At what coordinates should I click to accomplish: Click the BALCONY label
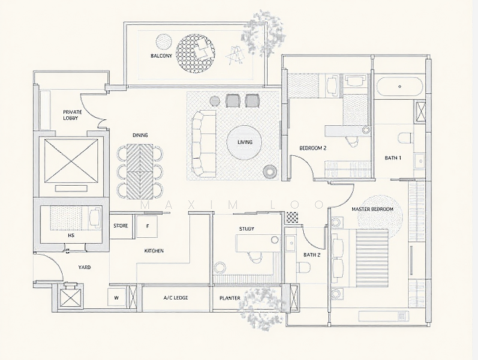(x=161, y=56)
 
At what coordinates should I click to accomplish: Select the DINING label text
(x=140, y=135)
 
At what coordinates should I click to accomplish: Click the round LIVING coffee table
(x=245, y=142)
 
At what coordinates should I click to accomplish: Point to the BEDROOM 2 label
(x=313, y=148)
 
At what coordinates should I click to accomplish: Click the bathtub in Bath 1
(x=399, y=86)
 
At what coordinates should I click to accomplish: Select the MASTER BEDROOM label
(x=372, y=209)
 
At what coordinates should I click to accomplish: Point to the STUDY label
(x=246, y=229)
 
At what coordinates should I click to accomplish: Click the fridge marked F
(x=148, y=226)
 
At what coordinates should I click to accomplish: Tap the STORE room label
(x=121, y=226)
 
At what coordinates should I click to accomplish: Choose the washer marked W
(x=116, y=297)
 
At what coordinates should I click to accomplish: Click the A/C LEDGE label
(x=176, y=298)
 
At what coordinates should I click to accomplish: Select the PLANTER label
(x=230, y=298)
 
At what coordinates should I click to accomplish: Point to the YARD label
(x=85, y=267)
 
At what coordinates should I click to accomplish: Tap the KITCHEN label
(x=154, y=251)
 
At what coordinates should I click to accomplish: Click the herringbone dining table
(x=140, y=172)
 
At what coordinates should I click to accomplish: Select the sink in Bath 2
(x=291, y=243)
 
